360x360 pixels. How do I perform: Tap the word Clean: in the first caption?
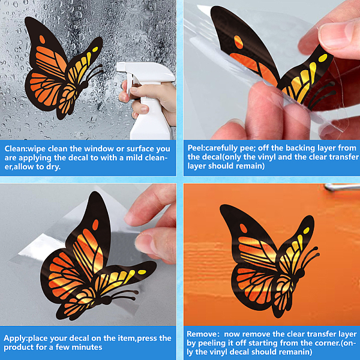(16, 149)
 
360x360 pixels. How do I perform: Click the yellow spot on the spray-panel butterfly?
(95, 49)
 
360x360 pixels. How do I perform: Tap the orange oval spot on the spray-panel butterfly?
(42, 40)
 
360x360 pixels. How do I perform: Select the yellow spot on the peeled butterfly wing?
(323, 58)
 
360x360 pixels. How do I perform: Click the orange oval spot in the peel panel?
(239, 42)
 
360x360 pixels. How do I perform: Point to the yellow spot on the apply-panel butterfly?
(142, 272)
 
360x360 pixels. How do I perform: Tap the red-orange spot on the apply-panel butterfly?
(95, 224)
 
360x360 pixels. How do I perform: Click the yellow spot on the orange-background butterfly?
(306, 230)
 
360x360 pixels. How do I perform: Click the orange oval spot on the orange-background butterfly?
(244, 229)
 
